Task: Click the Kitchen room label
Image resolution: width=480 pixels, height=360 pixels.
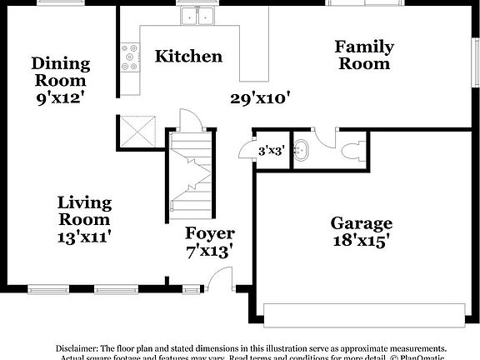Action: point(189,57)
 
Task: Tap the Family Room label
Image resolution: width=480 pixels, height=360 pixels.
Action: point(364,55)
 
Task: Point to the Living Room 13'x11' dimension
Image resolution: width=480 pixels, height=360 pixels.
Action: point(84,236)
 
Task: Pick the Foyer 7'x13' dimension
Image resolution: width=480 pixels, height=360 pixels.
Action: point(209,248)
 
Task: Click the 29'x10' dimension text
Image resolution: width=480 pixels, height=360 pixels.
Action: point(260,98)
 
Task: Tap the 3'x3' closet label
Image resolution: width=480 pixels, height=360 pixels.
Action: point(272,152)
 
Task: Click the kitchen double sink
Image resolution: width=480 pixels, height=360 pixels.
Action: point(197,17)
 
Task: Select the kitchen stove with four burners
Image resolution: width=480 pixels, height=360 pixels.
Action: point(130,57)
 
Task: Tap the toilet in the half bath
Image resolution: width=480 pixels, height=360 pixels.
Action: point(350,152)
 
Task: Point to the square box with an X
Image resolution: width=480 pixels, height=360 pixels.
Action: point(137,132)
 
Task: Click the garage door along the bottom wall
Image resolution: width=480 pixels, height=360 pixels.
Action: point(363,312)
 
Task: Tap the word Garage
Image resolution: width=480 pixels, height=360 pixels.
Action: point(362,223)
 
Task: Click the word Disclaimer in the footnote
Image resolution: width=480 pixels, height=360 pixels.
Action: point(77,348)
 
